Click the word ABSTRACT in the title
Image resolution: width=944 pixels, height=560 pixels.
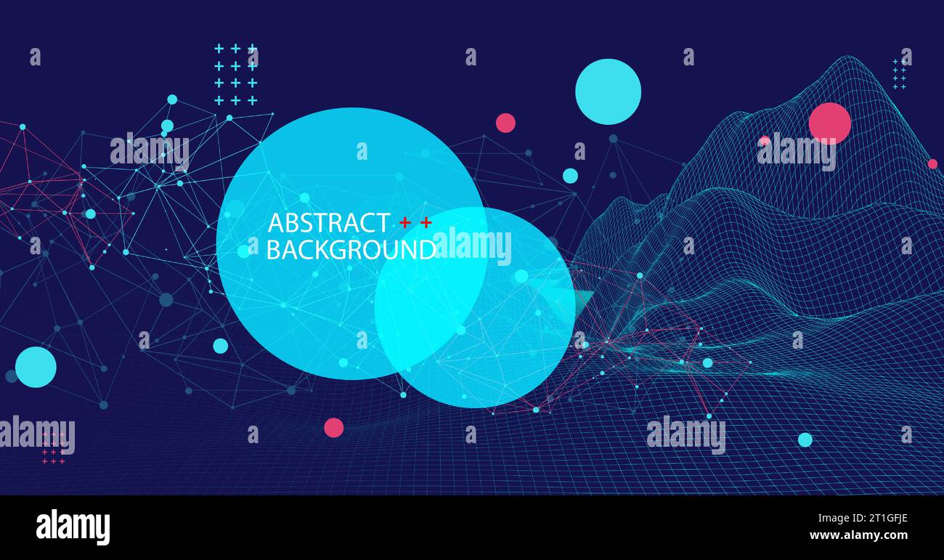tap(328, 222)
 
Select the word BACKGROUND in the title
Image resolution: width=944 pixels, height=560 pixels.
tap(351, 250)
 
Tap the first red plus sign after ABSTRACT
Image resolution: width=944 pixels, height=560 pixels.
tap(404, 223)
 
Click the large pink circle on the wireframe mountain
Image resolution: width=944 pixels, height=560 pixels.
tap(829, 123)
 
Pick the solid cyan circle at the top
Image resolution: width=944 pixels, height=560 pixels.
tap(608, 92)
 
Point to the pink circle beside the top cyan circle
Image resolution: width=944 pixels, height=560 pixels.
tap(505, 123)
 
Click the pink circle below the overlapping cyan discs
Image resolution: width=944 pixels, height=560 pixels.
tap(333, 427)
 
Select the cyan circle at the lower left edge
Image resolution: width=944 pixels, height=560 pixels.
tap(36, 367)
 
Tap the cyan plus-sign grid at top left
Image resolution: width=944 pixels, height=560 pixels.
tap(235, 74)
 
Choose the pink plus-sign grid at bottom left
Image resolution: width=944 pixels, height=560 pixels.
tap(53, 447)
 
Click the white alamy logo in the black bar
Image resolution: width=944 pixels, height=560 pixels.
tap(73, 527)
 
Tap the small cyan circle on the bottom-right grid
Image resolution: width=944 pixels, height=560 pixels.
tap(805, 439)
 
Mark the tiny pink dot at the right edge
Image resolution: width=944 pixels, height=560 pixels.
tap(932, 163)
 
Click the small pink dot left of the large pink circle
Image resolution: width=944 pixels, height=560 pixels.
tap(764, 141)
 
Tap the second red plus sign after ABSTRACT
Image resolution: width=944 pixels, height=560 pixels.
tap(426, 223)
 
